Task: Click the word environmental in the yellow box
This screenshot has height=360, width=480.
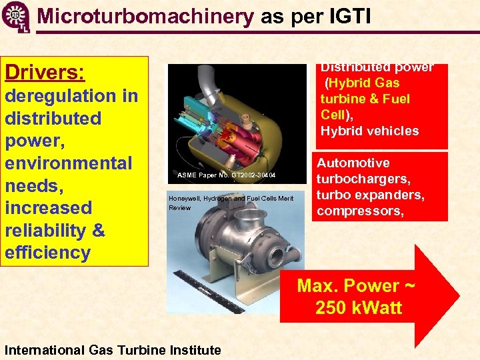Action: click(x=69, y=163)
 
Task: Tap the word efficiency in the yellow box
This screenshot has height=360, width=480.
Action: click(x=47, y=253)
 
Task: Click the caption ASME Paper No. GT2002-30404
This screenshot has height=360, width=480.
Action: click(x=226, y=175)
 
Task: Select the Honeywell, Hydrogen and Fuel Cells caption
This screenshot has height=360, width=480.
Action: click(x=231, y=199)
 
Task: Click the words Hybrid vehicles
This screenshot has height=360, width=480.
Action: click(x=369, y=131)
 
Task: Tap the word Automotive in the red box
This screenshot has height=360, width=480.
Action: click(x=353, y=163)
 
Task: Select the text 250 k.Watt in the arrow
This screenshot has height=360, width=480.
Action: click(x=358, y=309)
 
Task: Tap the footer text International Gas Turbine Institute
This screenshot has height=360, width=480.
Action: click(x=113, y=350)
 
